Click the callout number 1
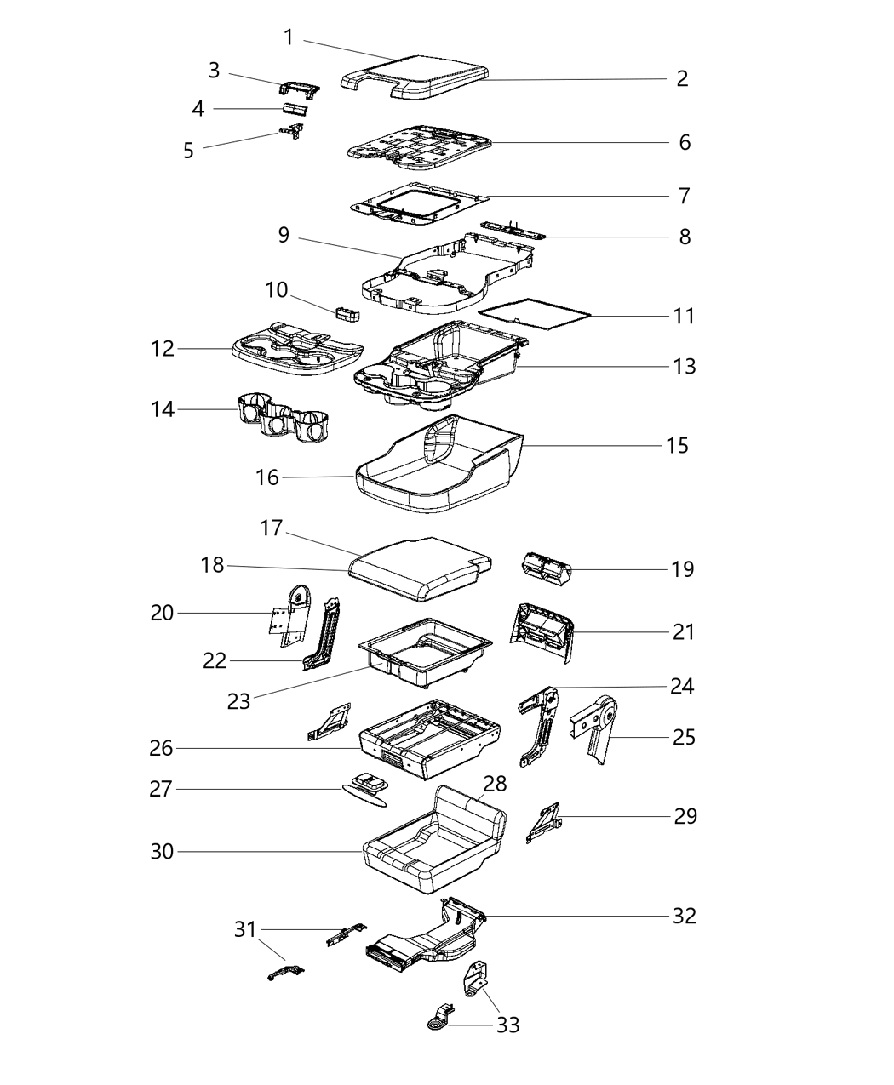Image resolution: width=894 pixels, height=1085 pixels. coord(289,37)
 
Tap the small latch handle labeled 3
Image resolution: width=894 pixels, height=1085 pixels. coord(300,88)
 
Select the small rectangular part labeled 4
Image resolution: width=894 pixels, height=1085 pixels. coord(295,109)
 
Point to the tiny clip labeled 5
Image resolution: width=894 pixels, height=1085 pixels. coord(294,130)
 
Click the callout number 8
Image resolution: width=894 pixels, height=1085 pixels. coord(685,237)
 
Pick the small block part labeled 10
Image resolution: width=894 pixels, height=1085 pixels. coord(348,314)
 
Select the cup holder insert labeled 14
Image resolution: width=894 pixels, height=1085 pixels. coord(283,420)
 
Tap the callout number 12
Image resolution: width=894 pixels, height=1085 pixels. coord(162,349)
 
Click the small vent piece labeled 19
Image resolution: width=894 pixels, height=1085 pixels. coord(545,568)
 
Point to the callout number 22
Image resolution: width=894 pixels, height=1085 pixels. coord(215,660)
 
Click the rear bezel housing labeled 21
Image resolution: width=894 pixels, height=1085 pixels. coord(542,631)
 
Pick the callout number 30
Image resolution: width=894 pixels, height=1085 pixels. coord(162,851)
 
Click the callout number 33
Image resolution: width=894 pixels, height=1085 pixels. coord(507,1025)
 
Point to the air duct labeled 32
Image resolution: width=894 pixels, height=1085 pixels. coord(426,940)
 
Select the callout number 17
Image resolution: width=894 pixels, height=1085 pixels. coord(271,528)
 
